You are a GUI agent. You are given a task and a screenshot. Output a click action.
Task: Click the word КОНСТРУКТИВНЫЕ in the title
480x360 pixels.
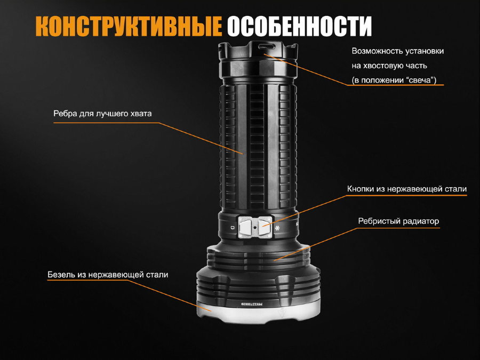[x=129, y=26]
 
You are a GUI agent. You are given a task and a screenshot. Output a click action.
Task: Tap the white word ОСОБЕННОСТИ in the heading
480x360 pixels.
[x=299, y=26]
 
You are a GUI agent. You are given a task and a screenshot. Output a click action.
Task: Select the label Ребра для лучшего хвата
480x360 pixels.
[x=102, y=114]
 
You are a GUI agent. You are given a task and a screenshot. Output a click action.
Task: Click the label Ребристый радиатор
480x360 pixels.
[x=398, y=221]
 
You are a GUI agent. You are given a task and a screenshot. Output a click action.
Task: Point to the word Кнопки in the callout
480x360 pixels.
[x=361, y=189]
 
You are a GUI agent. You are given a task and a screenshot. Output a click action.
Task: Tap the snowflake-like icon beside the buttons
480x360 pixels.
[x=278, y=228]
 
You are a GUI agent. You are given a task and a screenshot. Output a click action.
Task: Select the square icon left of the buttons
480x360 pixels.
[x=233, y=228]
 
